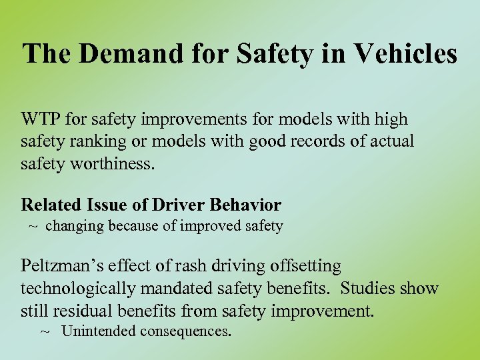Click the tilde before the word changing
(x=33, y=226)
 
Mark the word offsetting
(x=305, y=267)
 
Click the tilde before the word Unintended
(x=45, y=331)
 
